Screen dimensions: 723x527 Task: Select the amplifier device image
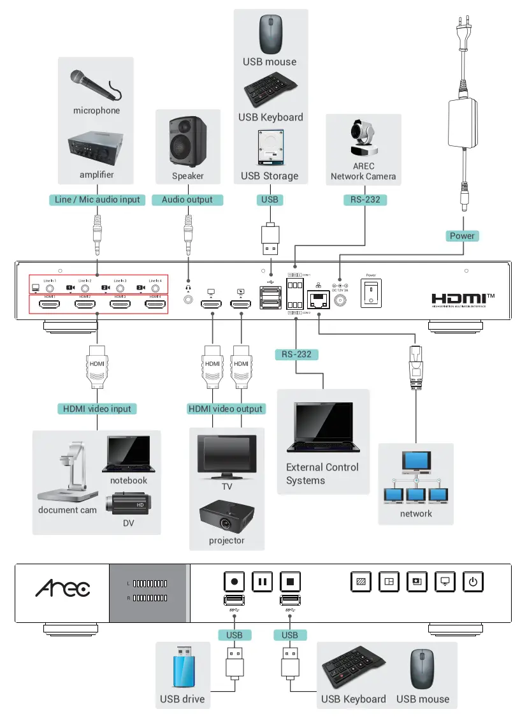click(x=96, y=150)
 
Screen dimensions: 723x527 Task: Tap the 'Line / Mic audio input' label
click(x=97, y=200)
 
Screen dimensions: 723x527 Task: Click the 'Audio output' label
click(x=187, y=200)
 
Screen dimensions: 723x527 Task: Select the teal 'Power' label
click(x=462, y=235)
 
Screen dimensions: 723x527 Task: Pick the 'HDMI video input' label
click(x=97, y=409)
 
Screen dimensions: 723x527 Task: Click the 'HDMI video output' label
click(x=226, y=409)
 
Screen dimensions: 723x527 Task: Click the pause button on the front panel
click(x=262, y=581)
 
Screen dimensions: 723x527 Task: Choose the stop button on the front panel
click(x=290, y=581)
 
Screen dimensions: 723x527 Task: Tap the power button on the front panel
click(x=472, y=581)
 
